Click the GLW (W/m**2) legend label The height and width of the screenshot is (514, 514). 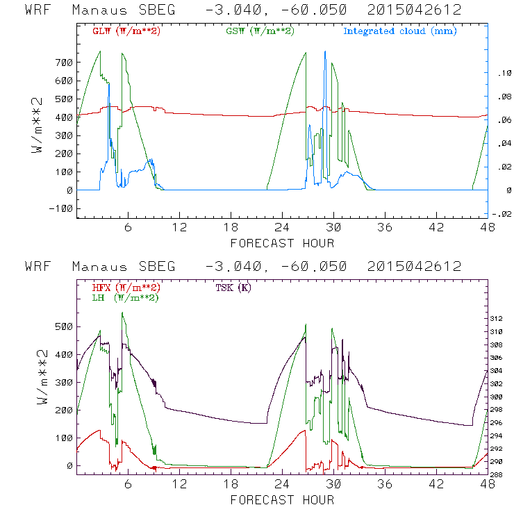[x=126, y=31]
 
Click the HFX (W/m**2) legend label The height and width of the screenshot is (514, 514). [x=126, y=288]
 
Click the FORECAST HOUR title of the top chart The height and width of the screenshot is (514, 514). [x=282, y=243]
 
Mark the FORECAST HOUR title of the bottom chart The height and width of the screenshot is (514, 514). [x=282, y=500]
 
